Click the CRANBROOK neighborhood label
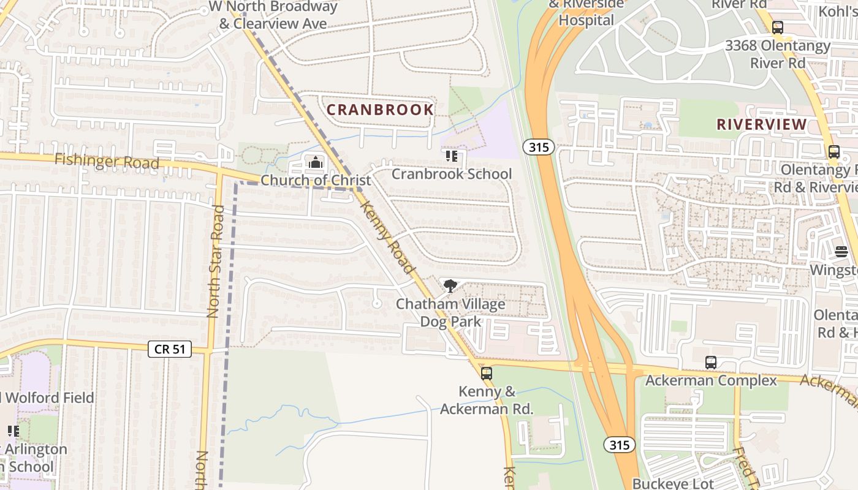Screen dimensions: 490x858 (x=380, y=110)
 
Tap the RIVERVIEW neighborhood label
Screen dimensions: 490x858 (x=762, y=124)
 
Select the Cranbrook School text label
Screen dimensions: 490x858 (x=452, y=174)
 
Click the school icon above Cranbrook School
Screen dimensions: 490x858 (x=452, y=156)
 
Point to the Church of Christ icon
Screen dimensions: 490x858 (x=316, y=162)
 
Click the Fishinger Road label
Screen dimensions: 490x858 (x=107, y=162)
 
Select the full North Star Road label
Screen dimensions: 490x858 (x=213, y=262)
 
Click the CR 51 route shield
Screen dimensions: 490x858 (x=170, y=349)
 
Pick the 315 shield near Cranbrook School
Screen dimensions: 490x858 (x=538, y=147)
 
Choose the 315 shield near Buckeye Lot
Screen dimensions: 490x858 (x=619, y=445)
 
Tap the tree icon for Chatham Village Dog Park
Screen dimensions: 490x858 (x=450, y=285)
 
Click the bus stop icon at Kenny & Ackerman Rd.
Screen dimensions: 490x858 (x=487, y=372)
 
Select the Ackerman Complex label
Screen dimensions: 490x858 (x=711, y=380)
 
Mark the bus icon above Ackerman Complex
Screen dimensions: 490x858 (x=711, y=362)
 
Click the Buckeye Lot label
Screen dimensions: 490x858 (x=673, y=483)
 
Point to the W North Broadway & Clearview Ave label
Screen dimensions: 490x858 (x=273, y=15)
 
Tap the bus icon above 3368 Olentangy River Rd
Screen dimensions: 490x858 (x=778, y=28)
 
